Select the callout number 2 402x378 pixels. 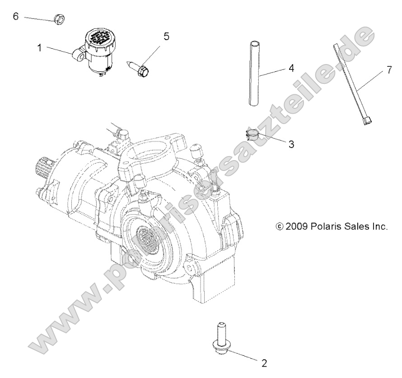point(264,362)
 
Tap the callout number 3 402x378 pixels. point(291,144)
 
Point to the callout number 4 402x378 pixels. point(291,68)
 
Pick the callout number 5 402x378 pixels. point(167,37)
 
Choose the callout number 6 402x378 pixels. point(15,17)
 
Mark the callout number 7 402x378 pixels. point(389,70)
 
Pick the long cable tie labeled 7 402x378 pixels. point(351,81)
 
